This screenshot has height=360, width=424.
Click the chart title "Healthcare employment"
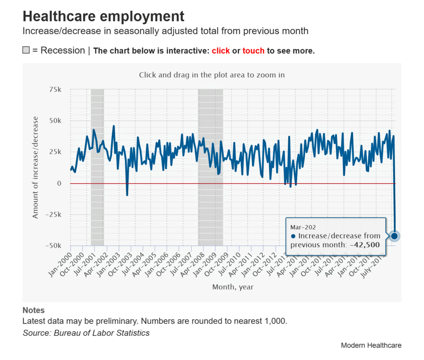[x=103, y=17]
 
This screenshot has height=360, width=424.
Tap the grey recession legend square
[x=26, y=51]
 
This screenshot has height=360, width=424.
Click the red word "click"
[x=221, y=51]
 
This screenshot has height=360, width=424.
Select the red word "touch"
[x=253, y=51]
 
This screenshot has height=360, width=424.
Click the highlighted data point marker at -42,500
[x=394, y=236]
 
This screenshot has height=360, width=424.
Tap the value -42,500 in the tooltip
[x=365, y=245]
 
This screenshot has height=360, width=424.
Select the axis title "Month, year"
[x=233, y=287]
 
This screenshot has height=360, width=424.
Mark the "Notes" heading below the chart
[x=34, y=310]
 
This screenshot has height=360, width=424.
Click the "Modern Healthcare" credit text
[x=371, y=345]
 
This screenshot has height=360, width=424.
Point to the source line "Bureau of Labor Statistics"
[x=102, y=333]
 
